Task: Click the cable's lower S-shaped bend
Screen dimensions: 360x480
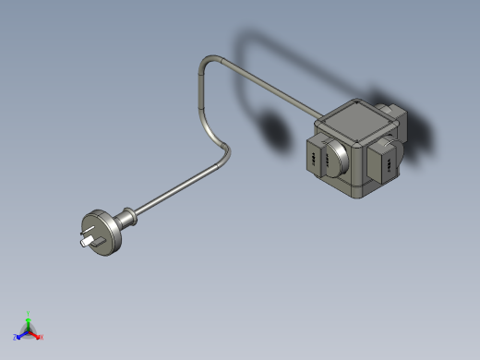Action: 222,152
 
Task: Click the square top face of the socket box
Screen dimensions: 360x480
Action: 355,121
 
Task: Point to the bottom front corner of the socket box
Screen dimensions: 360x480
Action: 355,195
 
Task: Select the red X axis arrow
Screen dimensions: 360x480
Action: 35,334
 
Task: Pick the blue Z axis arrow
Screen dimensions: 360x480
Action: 20,334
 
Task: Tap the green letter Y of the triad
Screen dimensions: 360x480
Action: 29,313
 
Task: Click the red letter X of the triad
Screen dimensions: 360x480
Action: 41,337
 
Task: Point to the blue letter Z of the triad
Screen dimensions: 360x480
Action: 15,337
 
